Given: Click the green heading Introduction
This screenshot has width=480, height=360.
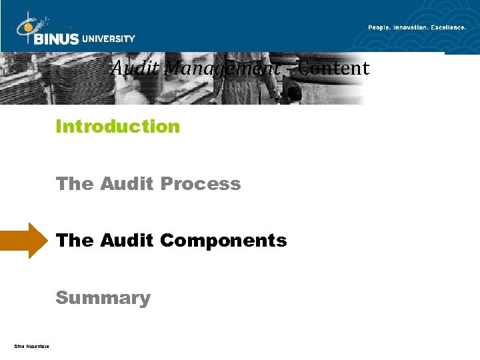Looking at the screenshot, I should (118, 126).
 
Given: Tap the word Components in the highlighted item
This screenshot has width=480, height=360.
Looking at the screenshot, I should (223, 241).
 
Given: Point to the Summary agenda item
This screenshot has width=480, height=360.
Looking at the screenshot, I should (103, 298).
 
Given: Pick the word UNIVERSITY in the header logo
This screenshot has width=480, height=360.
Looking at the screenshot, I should (108, 39).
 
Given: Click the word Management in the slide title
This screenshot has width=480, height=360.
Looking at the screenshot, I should (221, 68).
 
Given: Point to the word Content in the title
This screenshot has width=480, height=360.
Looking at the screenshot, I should (334, 68).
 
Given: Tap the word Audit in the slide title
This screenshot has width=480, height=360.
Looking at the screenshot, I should (135, 68).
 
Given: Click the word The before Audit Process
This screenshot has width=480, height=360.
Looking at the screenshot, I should (75, 183).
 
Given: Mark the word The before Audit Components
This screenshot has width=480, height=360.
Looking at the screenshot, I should (75, 241).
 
